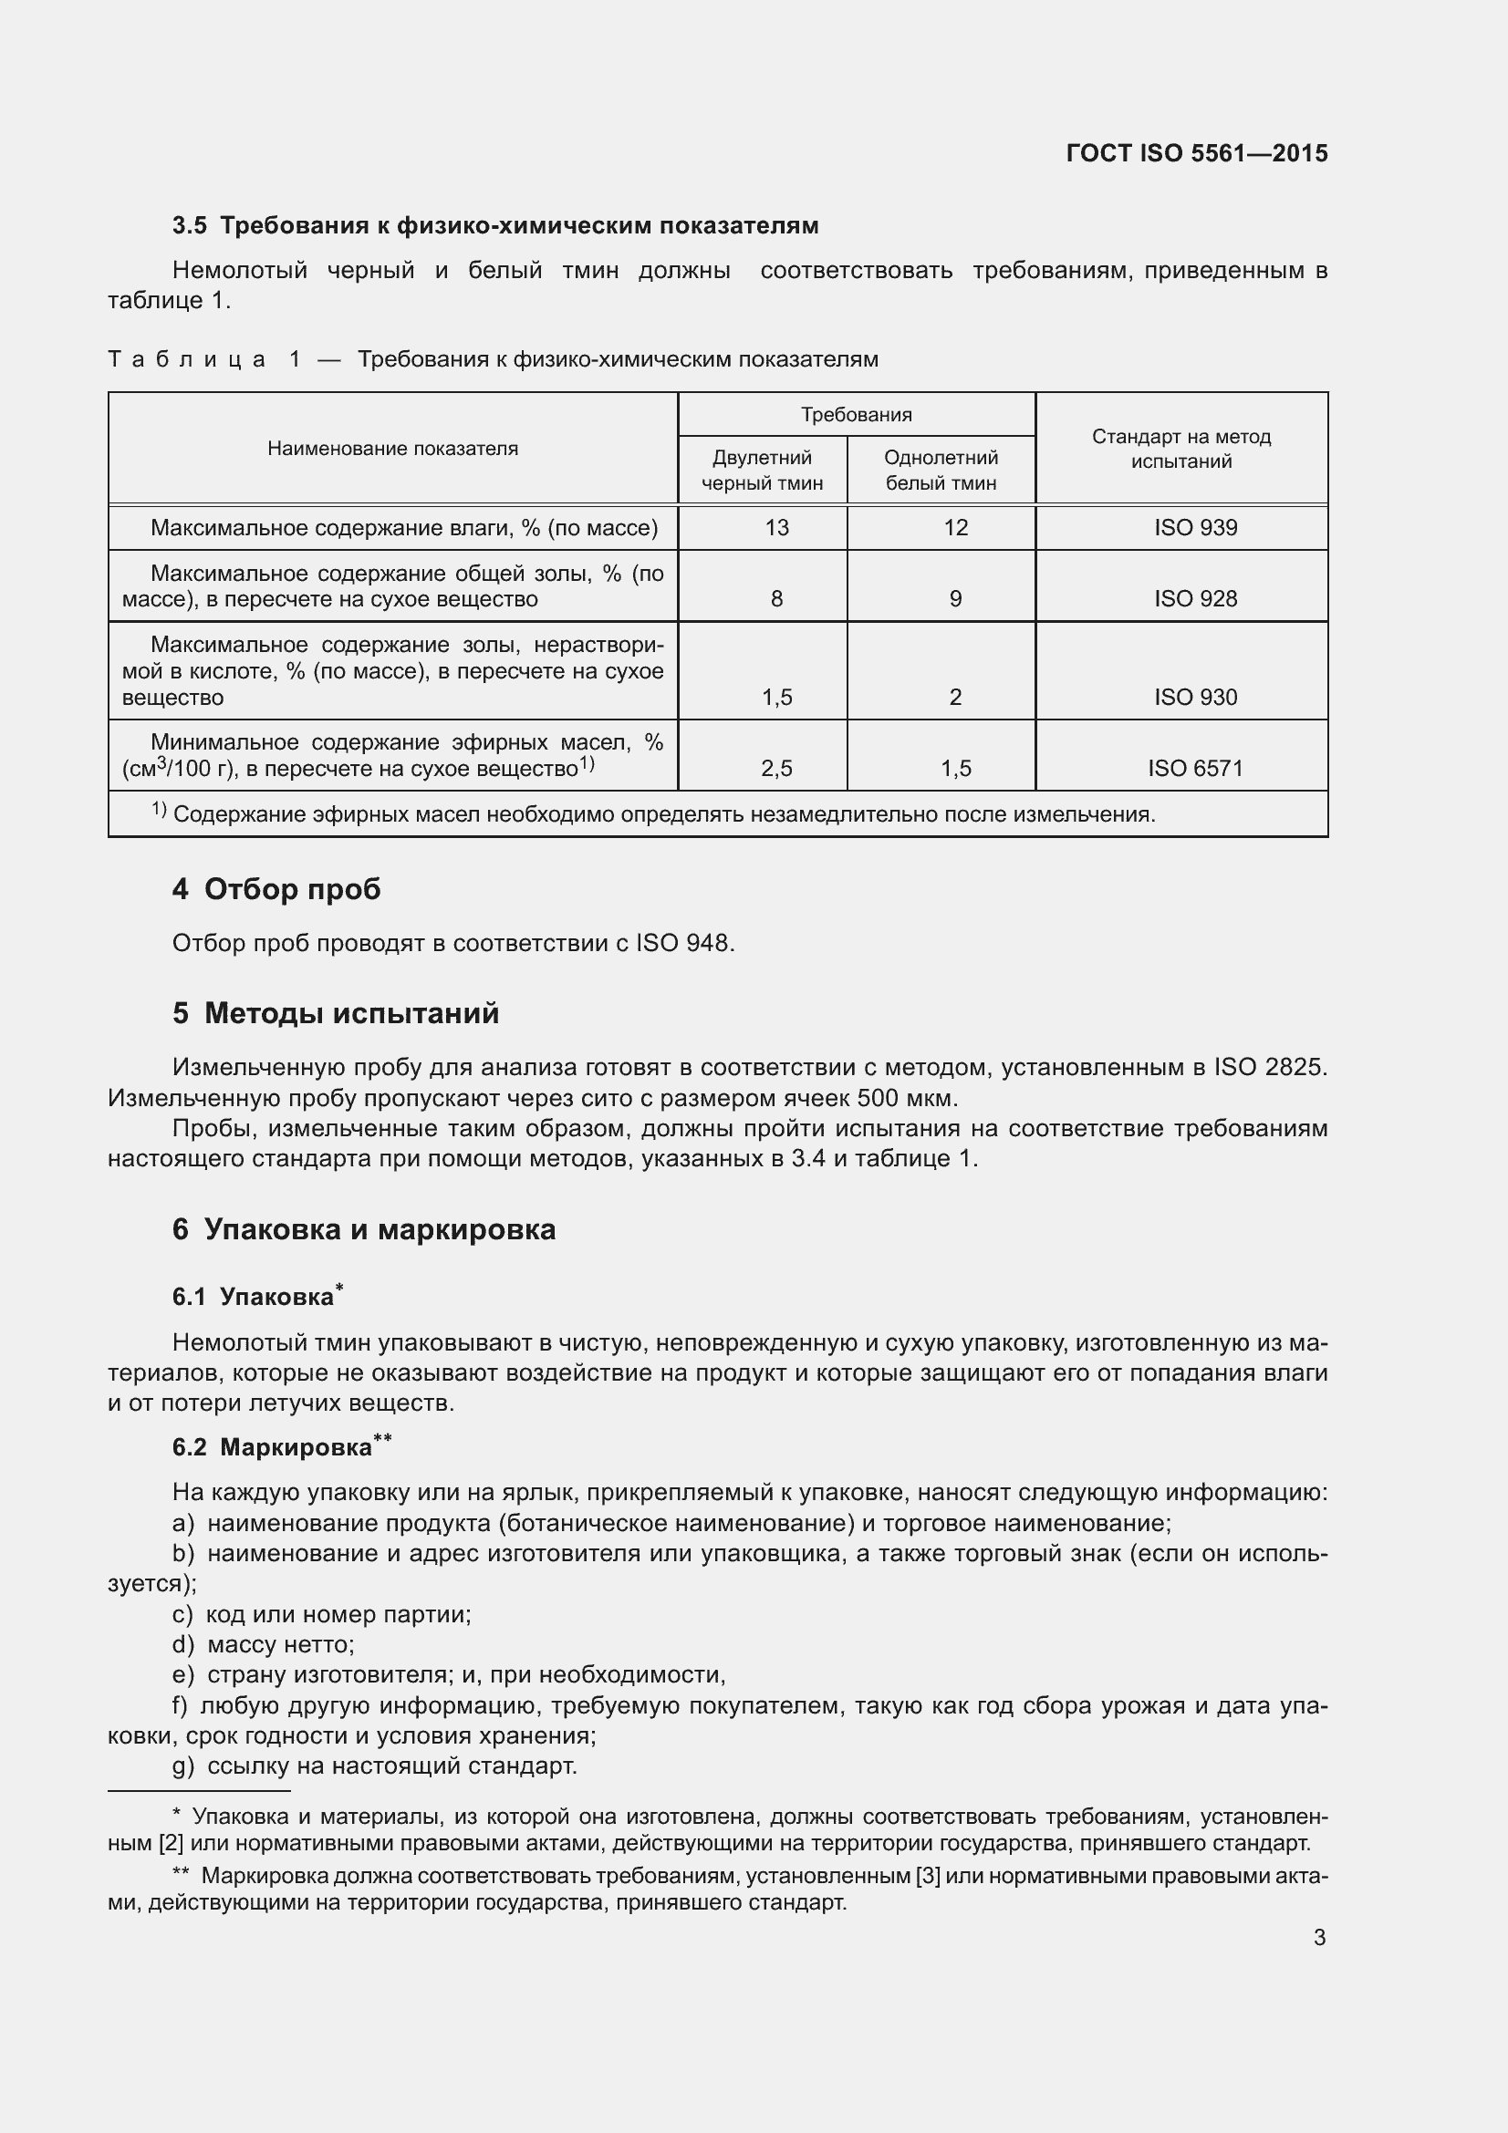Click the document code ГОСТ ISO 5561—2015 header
(x=1197, y=153)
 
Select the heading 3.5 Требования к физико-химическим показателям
(x=495, y=226)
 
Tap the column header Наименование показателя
(x=392, y=449)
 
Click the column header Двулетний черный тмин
(x=762, y=470)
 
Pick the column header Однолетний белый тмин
(x=941, y=470)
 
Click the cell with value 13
(x=776, y=528)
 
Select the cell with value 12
(x=955, y=528)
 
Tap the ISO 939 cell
(x=1195, y=528)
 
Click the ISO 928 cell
(x=1195, y=599)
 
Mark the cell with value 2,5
(x=776, y=768)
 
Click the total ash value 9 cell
(x=955, y=599)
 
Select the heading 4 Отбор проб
(x=277, y=889)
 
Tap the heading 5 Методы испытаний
(x=336, y=1012)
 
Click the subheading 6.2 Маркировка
(x=281, y=1447)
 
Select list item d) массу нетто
(x=263, y=1644)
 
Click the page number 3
(x=1318, y=1937)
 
